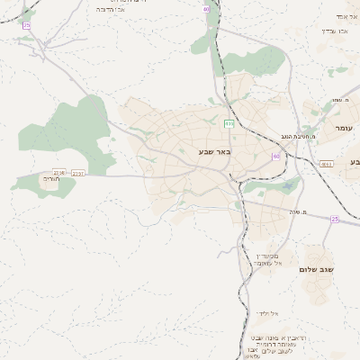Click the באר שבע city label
(215, 152)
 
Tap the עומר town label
(343, 130)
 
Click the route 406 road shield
(229, 123)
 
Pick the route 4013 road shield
(325, 164)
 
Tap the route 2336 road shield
(58, 171)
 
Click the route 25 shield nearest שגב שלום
(334, 219)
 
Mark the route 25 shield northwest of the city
(27, 25)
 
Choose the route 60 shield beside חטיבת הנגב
(275, 156)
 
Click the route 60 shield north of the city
(206, 8)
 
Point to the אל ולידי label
(268, 313)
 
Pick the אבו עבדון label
(340, 31)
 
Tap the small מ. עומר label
(339, 100)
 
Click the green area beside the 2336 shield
(31, 183)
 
